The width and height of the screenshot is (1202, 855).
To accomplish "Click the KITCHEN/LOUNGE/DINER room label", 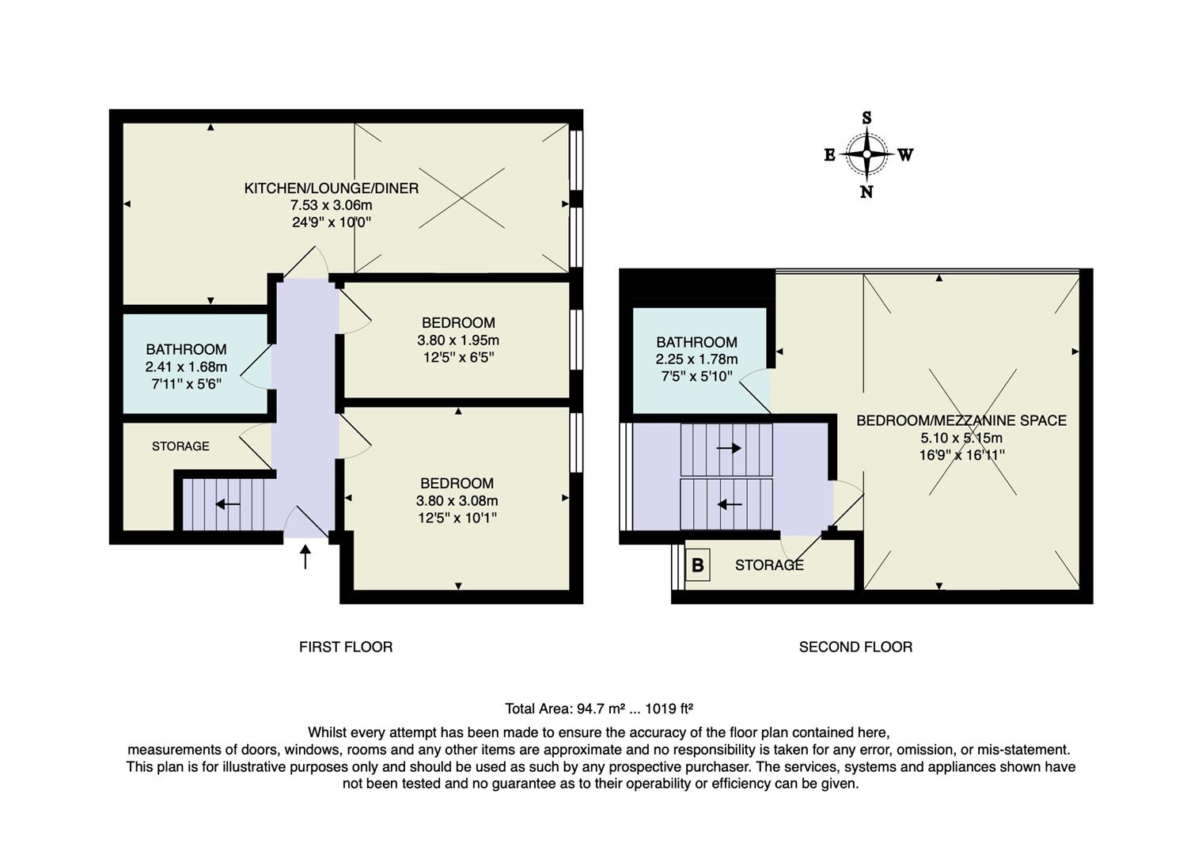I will [331, 188].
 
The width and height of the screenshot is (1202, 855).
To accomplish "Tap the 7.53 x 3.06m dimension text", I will [331, 206].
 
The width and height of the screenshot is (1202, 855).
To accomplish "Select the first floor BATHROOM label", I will [186, 349].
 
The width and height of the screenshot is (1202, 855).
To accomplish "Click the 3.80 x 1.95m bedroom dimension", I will [458, 340].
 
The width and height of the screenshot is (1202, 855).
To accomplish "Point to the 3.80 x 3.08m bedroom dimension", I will [457, 500].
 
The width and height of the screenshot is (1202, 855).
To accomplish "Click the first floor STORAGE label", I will [180, 446].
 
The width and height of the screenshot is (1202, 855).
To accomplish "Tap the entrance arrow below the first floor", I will [305, 556].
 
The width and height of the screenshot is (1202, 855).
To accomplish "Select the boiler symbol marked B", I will [697, 565].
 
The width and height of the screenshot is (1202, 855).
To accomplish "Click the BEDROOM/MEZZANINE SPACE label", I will [961, 420].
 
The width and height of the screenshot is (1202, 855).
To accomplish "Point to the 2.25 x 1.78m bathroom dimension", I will [696, 359].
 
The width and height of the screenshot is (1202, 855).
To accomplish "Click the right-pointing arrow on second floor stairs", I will [728, 448].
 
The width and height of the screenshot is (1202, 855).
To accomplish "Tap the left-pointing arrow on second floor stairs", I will [729, 503].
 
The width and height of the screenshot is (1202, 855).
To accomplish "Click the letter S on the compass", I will [866, 118].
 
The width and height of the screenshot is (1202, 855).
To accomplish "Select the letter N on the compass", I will [866, 192].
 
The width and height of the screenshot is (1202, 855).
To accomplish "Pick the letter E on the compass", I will [829, 155].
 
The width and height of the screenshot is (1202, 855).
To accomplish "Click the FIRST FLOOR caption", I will [345, 647].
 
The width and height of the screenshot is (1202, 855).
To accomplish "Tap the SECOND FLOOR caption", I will [855, 647].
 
